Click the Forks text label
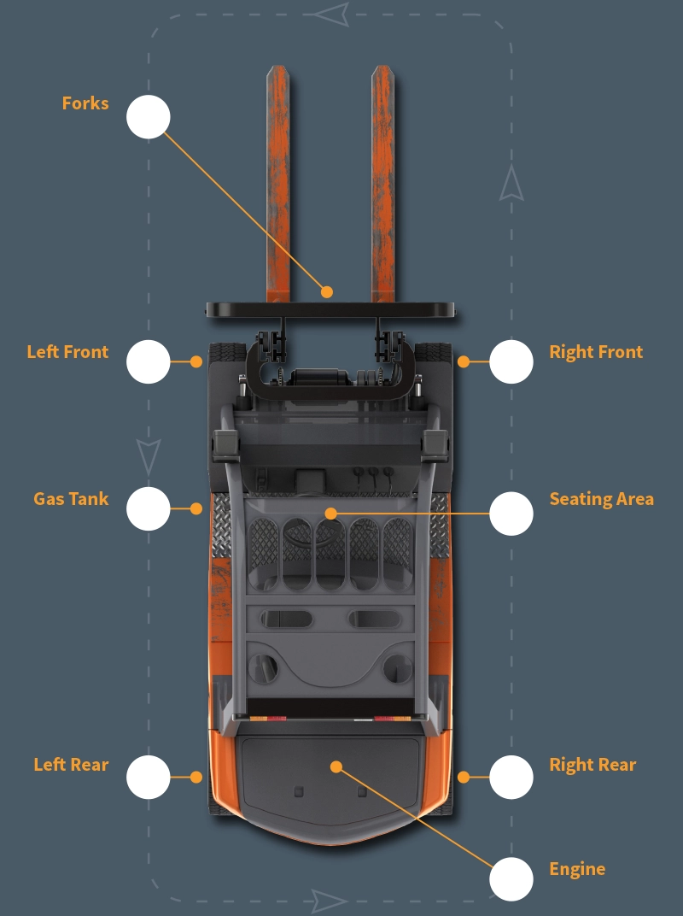85,103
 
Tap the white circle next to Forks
149,117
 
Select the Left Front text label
67,352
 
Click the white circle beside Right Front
511,361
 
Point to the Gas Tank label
71,499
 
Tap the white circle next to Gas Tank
149,508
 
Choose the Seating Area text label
601,499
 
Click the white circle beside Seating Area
511,514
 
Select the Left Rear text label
71,765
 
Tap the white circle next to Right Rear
511,777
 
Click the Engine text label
577,869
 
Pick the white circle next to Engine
511,878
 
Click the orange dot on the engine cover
336,766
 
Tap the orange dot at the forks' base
327,291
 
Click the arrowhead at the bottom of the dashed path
329,900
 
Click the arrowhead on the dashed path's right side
511,184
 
